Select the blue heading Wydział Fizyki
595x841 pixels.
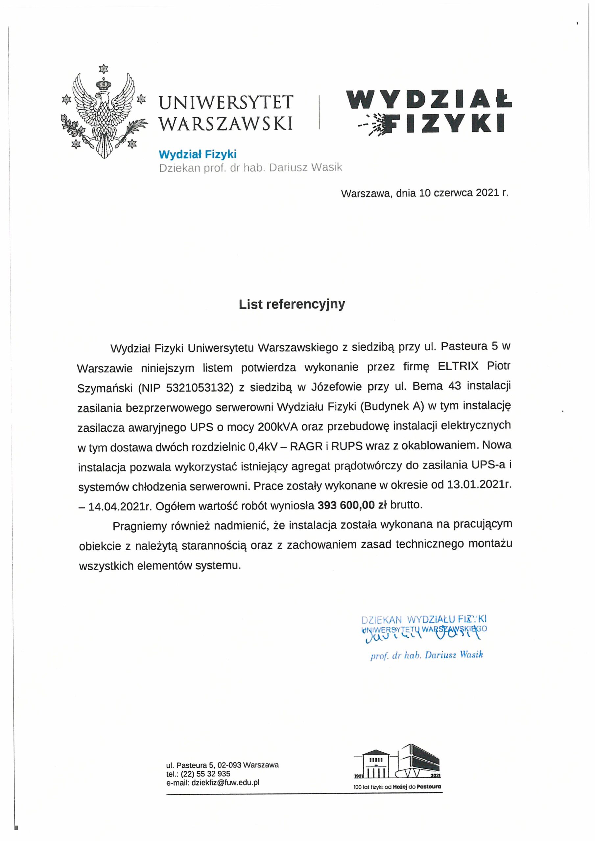click(197, 154)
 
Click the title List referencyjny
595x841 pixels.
click(292, 305)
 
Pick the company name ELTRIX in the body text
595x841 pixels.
click(458, 366)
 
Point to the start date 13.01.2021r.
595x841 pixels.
click(478, 485)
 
